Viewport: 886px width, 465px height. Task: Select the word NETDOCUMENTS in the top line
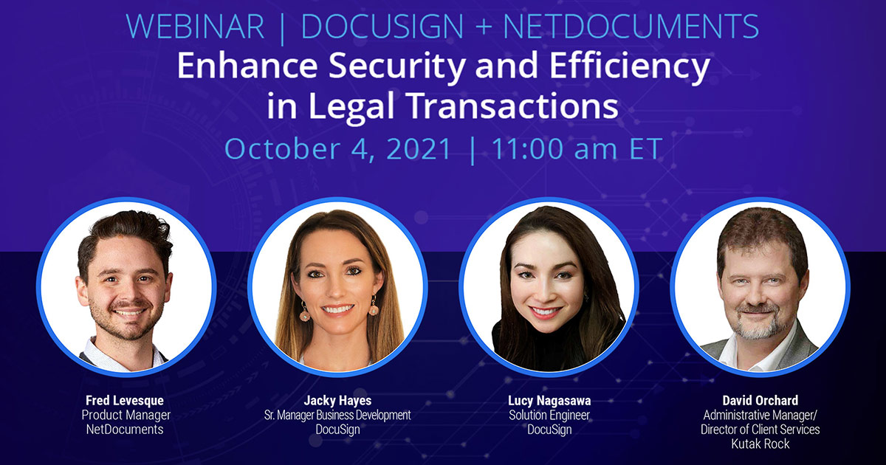631,27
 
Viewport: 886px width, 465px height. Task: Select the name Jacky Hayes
337,401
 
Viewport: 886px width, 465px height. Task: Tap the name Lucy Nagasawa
549,401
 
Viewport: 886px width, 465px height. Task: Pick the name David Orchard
760,401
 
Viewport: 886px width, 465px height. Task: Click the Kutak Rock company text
760,444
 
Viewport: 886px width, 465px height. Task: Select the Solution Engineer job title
549,415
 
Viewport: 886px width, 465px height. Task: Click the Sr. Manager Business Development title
337,415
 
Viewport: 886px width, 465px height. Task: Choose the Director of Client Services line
760,429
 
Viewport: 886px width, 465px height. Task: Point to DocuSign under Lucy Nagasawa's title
549,429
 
